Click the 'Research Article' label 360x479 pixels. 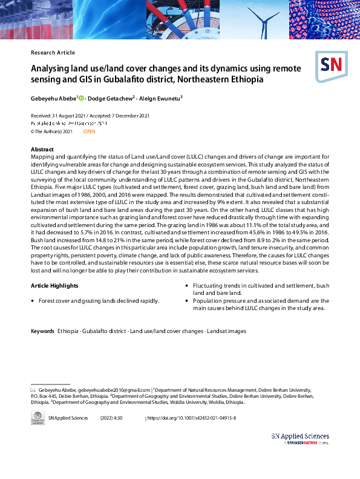(53, 53)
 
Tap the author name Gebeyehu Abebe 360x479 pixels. (53, 97)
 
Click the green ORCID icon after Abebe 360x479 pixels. (80, 97)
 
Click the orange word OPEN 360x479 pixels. (89, 131)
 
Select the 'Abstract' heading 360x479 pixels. (42, 149)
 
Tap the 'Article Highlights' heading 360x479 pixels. (54, 285)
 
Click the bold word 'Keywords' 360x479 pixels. (42, 331)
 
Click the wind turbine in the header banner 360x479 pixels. (263, 22)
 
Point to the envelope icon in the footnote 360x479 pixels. (33, 389)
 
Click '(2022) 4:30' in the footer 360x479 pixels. (111, 418)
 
